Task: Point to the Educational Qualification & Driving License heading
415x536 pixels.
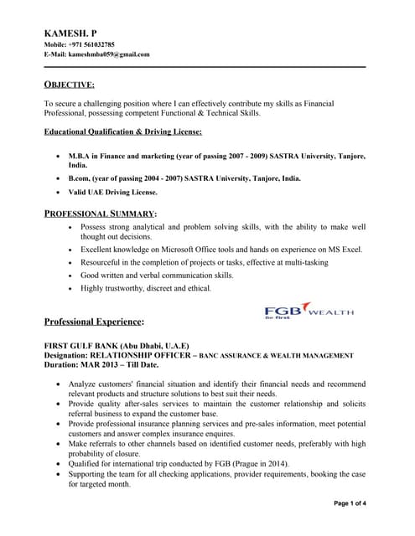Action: (x=122, y=131)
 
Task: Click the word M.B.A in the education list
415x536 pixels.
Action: (x=81, y=156)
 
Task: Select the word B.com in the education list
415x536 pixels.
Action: (x=81, y=178)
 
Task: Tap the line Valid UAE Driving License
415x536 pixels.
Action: (x=112, y=192)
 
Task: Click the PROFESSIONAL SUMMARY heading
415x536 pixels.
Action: (x=100, y=214)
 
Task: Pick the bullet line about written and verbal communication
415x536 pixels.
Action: (x=157, y=275)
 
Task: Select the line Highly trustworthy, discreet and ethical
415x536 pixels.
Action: (x=146, y=288)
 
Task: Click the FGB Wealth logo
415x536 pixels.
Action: (x=309, y=312)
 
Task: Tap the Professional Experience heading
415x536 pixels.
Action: (x=94, y=322)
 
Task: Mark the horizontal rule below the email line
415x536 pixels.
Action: (x=205, y=66)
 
